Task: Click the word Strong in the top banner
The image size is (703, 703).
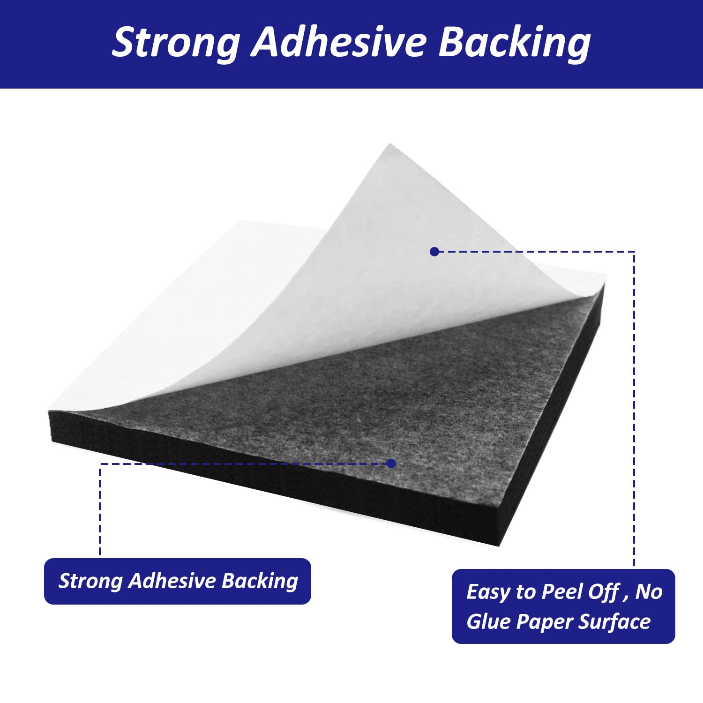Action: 176,43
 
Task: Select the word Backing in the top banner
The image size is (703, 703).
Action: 515,43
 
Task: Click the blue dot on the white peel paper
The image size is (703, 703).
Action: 434,252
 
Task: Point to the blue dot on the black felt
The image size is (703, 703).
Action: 392,464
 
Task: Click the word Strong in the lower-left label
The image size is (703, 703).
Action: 90,582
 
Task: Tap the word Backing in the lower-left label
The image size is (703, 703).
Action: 260,582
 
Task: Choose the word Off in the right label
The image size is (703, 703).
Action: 605,591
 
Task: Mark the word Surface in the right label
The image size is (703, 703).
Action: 614,621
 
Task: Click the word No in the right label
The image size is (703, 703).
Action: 649,592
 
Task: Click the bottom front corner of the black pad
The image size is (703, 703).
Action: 500,546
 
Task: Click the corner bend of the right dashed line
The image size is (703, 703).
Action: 634,252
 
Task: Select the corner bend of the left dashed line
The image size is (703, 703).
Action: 100,464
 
